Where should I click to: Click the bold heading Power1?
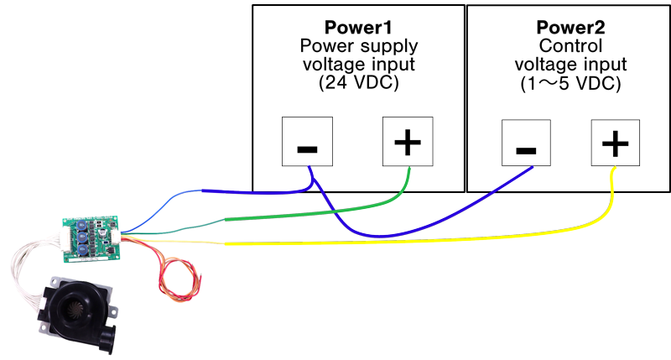pyautogui.click(x=357, y=28)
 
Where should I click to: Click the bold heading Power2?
pyautogui.click(x=570, y=28)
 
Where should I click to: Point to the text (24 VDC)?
pyautogui.click(x=357, y=84)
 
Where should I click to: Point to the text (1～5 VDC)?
pyautogui.click(x=570, y=84)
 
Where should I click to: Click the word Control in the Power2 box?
pyautogui.click(x=570, y=46)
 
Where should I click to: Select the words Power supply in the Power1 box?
pyautogui.click(x=357, y=46)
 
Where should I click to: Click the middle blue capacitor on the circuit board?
pyautogui.click(x=83, y=237)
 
